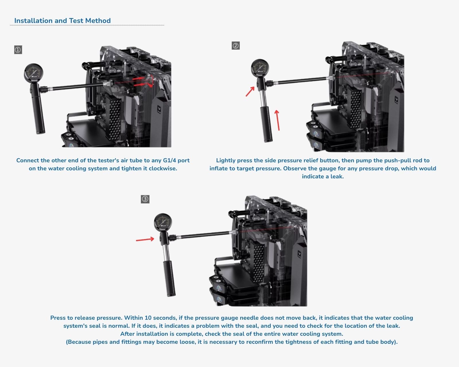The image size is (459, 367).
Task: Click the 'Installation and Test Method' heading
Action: coord(63,21)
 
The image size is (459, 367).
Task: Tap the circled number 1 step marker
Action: coord(18,50)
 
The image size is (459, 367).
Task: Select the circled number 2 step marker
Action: coord(236,46)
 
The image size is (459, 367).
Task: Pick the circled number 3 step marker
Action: coord(145,199)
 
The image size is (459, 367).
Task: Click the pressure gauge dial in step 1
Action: coord(34,73)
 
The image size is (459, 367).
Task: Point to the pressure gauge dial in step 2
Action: coord(260,68)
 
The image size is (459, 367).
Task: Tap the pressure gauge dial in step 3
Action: coord(163,222)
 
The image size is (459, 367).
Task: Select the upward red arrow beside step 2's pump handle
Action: coord(277,120)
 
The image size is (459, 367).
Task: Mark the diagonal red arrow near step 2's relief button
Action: coord(250,91)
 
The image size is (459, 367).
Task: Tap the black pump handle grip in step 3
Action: coord(169,278)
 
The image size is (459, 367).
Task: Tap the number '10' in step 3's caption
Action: coord(148,318)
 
